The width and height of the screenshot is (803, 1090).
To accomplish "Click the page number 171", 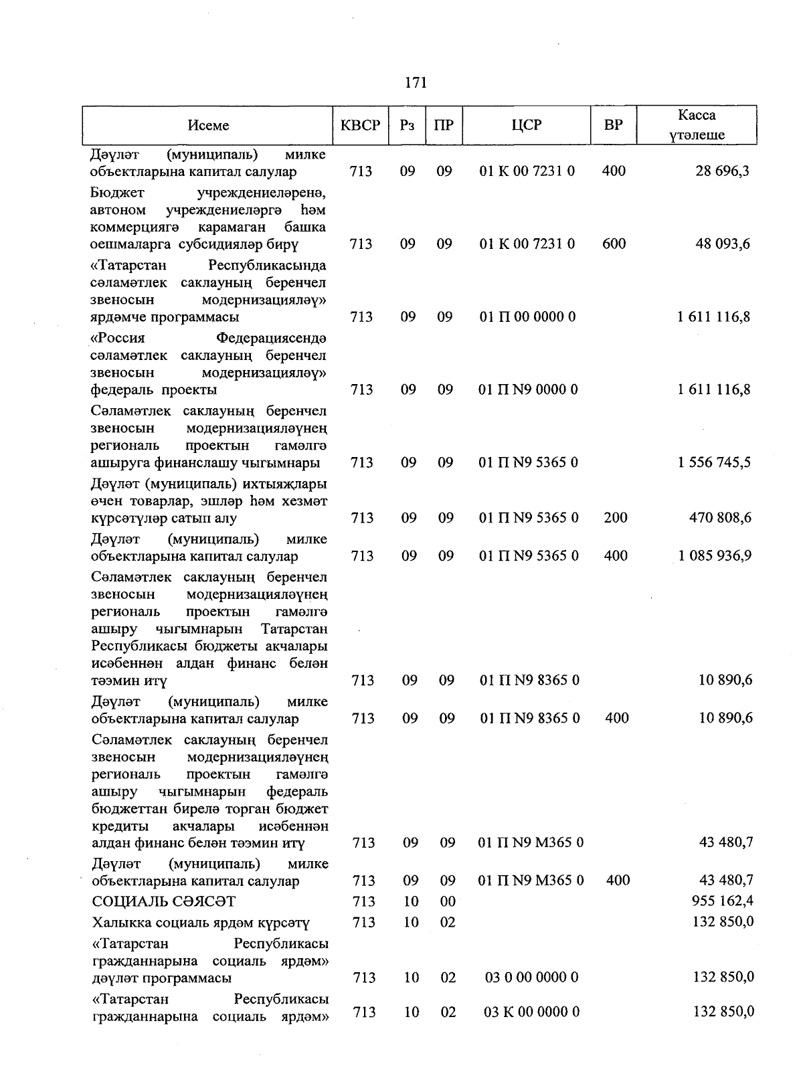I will [416, 83].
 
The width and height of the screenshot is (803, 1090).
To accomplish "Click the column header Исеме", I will [208, 125].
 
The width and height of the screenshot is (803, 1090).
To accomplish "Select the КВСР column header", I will [360, 125].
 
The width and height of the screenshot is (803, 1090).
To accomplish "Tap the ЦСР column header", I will [527, 125].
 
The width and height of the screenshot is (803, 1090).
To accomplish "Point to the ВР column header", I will [613, 125].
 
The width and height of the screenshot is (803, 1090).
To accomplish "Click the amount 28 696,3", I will [722, 171].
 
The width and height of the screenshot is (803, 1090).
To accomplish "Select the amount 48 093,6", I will [723, 244].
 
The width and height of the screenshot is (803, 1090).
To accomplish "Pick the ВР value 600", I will [614, 244].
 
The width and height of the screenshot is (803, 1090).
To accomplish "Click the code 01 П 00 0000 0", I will [527, 317].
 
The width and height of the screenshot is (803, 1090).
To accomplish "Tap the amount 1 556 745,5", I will [714, 463].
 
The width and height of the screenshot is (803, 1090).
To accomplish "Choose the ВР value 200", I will [615, 518].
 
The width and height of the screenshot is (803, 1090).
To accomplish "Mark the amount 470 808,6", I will [720, 518].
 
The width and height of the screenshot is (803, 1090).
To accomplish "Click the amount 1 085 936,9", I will [715, 556].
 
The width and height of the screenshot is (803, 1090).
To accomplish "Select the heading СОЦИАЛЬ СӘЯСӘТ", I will [163, 902].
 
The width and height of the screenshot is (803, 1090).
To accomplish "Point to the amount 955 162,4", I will [721, 902].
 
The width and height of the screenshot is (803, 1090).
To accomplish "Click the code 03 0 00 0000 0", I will [531, 978].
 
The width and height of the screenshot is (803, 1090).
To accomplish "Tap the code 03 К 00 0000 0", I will [531, 1012].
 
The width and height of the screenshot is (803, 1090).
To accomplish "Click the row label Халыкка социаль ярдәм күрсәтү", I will [201, 923].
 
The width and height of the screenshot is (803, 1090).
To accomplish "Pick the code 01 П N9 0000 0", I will [529, 390].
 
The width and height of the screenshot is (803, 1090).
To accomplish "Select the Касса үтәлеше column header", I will [697, 125].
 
